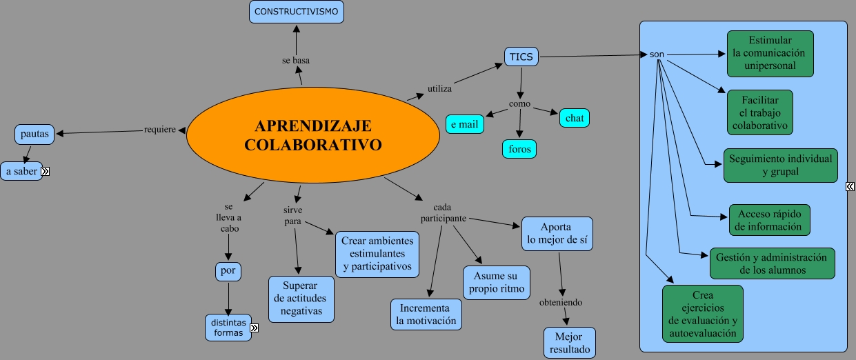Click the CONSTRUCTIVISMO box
[296, 12]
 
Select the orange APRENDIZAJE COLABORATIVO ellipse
[313, 135]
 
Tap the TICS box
[521, 57]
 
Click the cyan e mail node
[465, 125]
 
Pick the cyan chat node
[574, 118]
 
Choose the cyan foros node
[519, 148]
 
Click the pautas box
[34, 134]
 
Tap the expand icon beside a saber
[46, 172]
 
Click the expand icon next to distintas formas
[254, 328]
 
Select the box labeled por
[228, 272]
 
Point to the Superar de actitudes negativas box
[301, 299]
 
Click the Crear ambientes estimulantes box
[377, 254]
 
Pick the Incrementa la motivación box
[426, 314]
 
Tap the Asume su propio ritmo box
[497, 283]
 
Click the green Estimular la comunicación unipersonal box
[770, 53]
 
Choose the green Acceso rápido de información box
[769, 220]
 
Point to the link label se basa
[296, 61]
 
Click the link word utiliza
[439, 88]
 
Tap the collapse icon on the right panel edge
[850, 186]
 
